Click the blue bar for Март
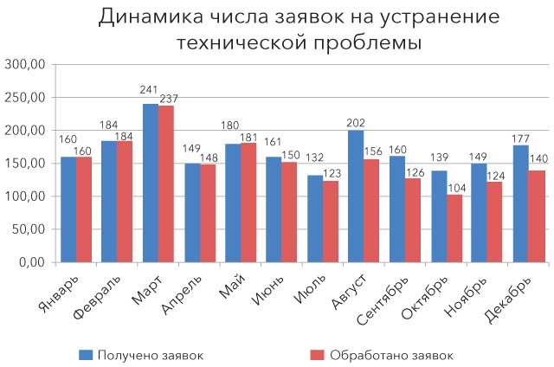coord(151,183)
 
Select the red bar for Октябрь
coord(454,229)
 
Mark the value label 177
coord(520,138)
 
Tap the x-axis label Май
coord(231,285)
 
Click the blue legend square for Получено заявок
coord(85,354)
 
